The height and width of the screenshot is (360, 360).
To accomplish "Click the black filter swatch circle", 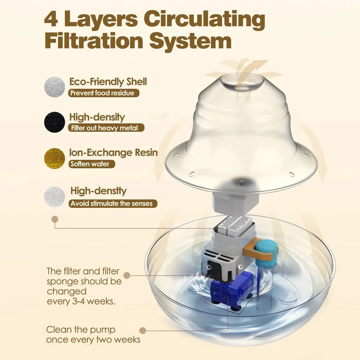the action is coord(54,122).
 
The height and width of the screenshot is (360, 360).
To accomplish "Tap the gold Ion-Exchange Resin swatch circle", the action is coord(54,158).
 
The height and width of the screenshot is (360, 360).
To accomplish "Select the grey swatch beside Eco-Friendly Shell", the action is coord(54,87).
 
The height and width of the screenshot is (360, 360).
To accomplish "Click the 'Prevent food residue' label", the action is coord(104,93).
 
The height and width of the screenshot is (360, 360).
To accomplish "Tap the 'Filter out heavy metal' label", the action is coord(106,128).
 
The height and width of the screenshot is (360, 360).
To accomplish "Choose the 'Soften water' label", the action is coord(92,164).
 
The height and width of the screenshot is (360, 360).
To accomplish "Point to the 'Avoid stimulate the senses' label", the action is coord(113,204).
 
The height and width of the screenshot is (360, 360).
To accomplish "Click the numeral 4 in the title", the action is coord(51,19).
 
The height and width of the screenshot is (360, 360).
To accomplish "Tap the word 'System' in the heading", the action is coord(190,41).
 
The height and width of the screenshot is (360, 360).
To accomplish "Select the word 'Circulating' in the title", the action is coord(205,20).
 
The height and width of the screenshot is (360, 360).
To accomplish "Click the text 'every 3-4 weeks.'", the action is coord(81,301).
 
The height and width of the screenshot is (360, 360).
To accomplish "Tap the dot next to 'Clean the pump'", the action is coord(143,330).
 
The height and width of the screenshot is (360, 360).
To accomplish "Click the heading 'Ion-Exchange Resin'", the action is coord(114,153).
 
